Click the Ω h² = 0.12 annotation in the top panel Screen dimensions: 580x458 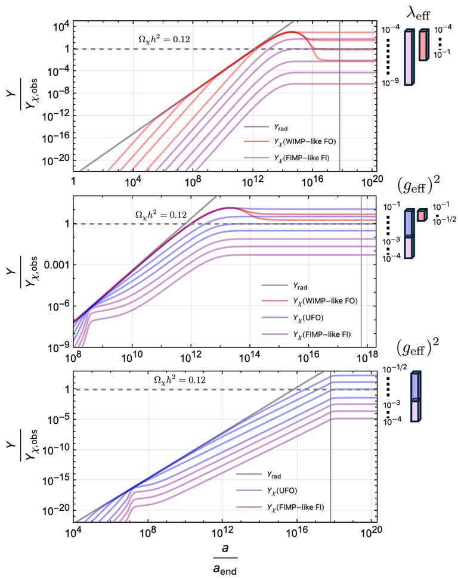point(164,40)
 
